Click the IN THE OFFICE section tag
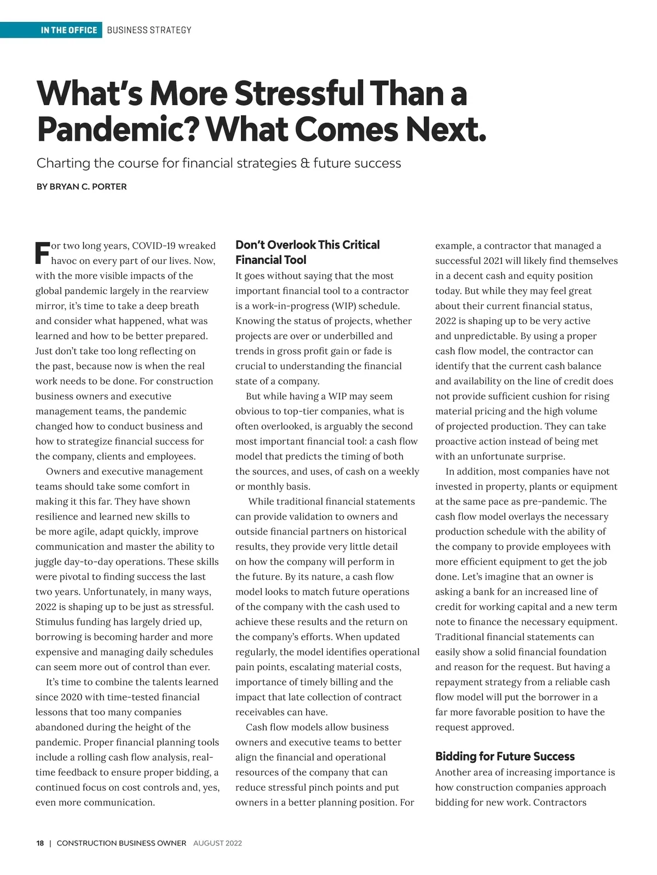click(x=68, y=30)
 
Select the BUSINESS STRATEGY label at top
click(x=149, y=30)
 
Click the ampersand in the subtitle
click(x=305, y=163)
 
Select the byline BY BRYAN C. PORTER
click(x=82, y=187)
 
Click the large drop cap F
click(x=42, y=251)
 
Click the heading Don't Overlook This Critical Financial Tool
click(x=307, y=252)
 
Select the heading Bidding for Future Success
click(x=505, y=757)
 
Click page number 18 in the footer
click(x=40, y=843)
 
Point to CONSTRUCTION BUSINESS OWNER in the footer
click(x=122, y=843)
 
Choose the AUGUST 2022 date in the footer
click(x=217, y=843)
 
